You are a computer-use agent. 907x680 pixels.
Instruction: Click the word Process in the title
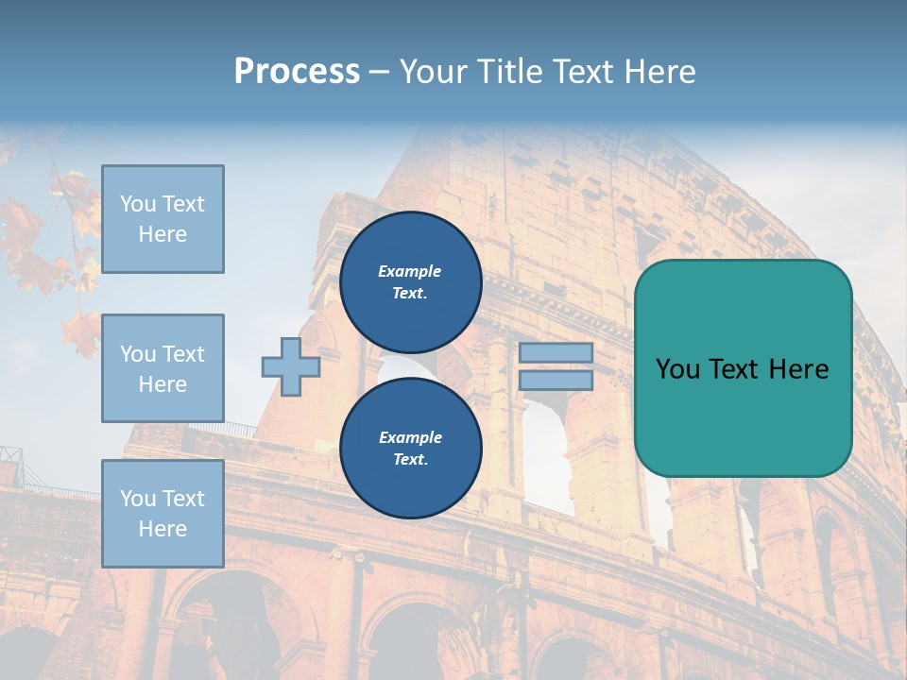(297, 72)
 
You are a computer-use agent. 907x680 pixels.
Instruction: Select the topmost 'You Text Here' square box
(163, 219)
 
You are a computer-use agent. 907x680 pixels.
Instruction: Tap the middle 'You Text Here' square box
(163, 368)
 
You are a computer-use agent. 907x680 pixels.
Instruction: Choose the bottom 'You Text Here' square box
(163, 514)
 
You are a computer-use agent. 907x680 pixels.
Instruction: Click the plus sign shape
(290, 366)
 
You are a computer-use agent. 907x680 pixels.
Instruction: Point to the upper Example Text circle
(410, 282)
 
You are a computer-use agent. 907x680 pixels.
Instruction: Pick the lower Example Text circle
(410, 449)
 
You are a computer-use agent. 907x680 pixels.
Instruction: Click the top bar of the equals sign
(556, 353)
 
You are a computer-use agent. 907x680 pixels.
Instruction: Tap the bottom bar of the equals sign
(556, 380)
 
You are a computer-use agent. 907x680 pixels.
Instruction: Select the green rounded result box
(743, 416)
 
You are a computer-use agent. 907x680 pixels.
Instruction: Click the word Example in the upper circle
(410, 271)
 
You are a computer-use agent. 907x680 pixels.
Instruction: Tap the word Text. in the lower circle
(410, 460)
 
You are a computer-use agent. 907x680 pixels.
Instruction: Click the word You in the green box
(677, 369)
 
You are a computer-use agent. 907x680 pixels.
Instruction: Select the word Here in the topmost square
(163, 234)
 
